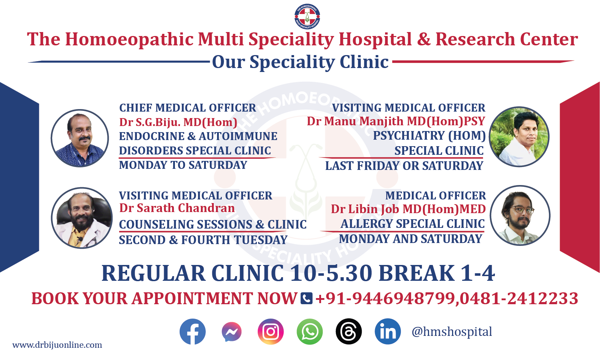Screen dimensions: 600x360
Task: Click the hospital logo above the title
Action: click(x=307, y=16)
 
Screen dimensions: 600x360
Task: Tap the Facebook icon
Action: click(x=193, y=332)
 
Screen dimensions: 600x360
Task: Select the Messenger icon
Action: click(x=232, y=332)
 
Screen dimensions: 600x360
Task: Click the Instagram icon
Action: click(x=271, y=332)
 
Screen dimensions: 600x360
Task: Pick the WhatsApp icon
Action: click(x=310, y=332)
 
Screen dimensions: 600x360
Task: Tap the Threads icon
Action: click(x=349, y=332)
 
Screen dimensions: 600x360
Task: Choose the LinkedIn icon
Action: click(x=388, y=332)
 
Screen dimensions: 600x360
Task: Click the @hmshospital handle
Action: click(x=452, y=332)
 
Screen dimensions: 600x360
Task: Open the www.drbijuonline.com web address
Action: click(x=57, y=345)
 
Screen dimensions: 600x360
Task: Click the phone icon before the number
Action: click(x=306, y=298)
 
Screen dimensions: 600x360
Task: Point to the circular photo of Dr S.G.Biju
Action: click(x=80, y=138)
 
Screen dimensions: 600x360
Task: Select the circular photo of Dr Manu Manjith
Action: click(x=519, y=136)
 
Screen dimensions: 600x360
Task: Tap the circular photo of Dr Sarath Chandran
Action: click(x=82, y=218)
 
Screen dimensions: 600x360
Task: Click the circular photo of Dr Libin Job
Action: click(x=520, y=215)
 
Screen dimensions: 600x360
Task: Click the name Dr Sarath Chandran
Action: click(x=177, y=208)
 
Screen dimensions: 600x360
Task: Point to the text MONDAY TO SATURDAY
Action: click(x=183, y=165)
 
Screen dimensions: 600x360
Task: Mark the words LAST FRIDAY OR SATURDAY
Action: click(x=404, y=166)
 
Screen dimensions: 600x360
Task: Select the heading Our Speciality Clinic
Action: click(x=300, y=62)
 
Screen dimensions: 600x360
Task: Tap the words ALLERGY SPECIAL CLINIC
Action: click(x=412, y=224)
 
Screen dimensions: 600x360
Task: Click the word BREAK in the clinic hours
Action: click(x=416, y=273)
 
